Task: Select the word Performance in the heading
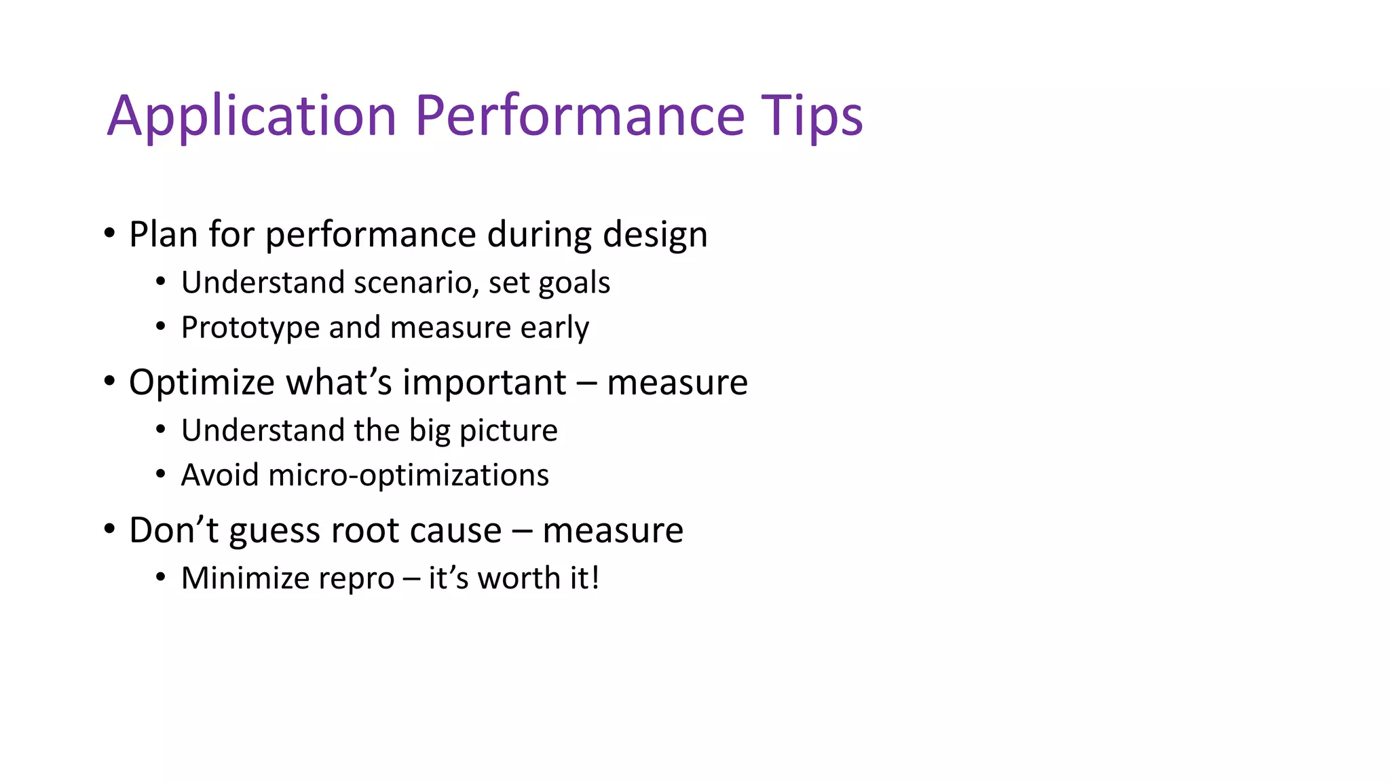coord(580,115)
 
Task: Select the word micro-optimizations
coord(409,476)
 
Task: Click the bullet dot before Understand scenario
coord(160,281)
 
